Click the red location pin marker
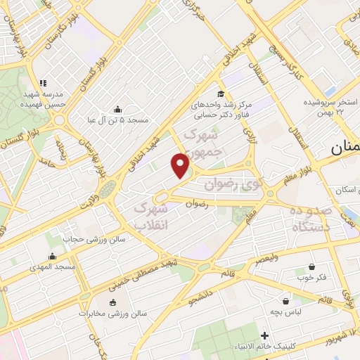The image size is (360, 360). (181, 166)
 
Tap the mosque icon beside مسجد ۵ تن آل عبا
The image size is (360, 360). (117, 110)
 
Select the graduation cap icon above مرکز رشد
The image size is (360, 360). (221, 94)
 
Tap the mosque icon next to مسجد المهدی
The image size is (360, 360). (51, 257)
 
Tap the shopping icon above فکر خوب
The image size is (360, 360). (311, 266)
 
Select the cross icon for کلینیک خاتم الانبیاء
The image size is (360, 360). (264, 335)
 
